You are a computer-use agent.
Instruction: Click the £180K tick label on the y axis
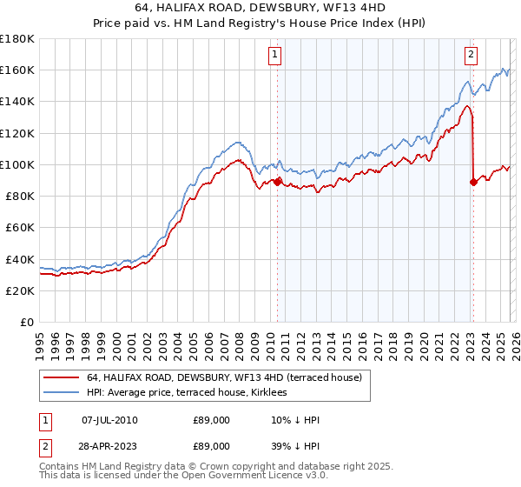[17, 39]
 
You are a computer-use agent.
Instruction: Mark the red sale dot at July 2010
[277, 182]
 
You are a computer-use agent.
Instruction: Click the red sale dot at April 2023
[473, 182]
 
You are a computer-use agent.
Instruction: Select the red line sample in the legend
[61, 377]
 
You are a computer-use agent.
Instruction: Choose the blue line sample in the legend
[61, 393]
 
